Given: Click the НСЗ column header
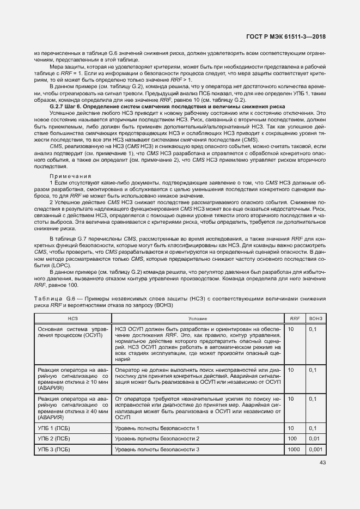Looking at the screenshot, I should (x=72, y=317).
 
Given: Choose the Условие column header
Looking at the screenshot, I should (x=197, y=317).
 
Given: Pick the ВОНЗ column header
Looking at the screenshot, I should (x=316, y=317).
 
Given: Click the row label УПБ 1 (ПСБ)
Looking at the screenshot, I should (x=54, y=429).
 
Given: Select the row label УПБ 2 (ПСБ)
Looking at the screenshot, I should (x=54, y=439).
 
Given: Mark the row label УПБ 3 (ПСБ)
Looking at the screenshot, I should (x=54, y=449).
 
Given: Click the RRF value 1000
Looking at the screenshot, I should (x=294, y=449).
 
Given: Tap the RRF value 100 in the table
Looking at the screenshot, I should (x=292, y=439).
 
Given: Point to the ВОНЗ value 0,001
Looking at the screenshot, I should (x=316, y=449).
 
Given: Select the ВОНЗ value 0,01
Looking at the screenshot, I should (x=314, y=439).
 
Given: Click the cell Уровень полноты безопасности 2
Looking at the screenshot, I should (x=157, y=439).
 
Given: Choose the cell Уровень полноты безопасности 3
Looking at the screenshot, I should (x=157, y=449).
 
